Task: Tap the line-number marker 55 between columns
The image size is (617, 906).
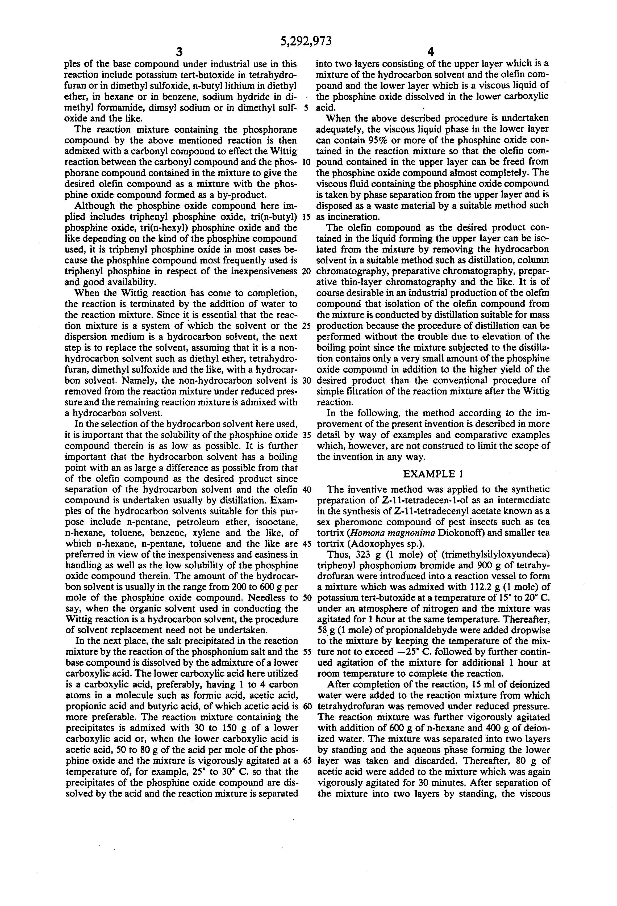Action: tap(306, 652)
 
